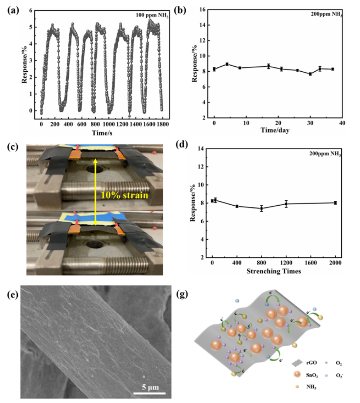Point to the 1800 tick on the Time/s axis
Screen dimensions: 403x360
click(161, 124)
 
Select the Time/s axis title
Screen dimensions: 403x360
click(102, 132)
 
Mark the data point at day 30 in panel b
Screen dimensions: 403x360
click(310, 74)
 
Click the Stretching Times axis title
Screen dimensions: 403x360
click(275, 272)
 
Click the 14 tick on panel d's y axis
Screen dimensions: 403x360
click(203, 149)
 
